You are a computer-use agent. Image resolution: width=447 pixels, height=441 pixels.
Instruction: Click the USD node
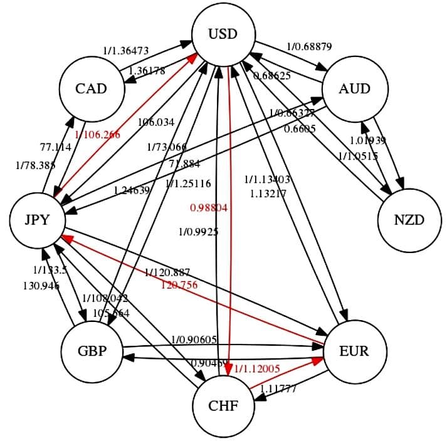pyautogui.click(x=224, y=33)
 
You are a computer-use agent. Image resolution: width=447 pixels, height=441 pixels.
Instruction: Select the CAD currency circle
pyautogui.click(x=91, y=88)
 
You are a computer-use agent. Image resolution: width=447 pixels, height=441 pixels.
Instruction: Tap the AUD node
pyautogui.click(x=354, y=88)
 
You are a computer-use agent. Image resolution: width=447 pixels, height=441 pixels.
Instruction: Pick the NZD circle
pyautogui.click(x=409, y=220)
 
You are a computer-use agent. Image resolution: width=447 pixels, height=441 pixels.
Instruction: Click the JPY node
pyautogui.click(x=38, y=220)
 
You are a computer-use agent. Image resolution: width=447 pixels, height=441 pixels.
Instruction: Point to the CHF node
pyautogui.click(x=224, y=405)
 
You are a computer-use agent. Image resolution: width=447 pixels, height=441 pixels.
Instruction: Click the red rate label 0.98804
pyautogui.click(x=208, y=207)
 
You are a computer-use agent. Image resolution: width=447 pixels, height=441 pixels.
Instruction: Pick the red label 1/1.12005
pyautogui.click(x=256, y=369)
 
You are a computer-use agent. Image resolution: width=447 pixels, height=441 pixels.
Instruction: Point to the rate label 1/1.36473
pyautogui.click(x=125, y=49)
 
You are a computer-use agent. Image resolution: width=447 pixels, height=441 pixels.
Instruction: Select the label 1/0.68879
pyautogui.click(x=309, y=46)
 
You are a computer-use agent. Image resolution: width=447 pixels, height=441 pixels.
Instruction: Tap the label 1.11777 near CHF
pyautogui.click(x=278, y=389)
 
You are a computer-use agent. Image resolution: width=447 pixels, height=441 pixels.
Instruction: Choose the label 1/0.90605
pyautogui.click(x=194, y=340)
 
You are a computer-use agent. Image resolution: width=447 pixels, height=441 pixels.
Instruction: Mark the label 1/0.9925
pyautogui.click(x=198, y=232)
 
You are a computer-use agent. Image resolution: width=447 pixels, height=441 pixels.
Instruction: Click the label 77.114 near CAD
pyautogui.click(x=55, y=147)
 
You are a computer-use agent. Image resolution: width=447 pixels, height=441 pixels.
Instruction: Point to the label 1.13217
pyautogui.click(x=268, y=194)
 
